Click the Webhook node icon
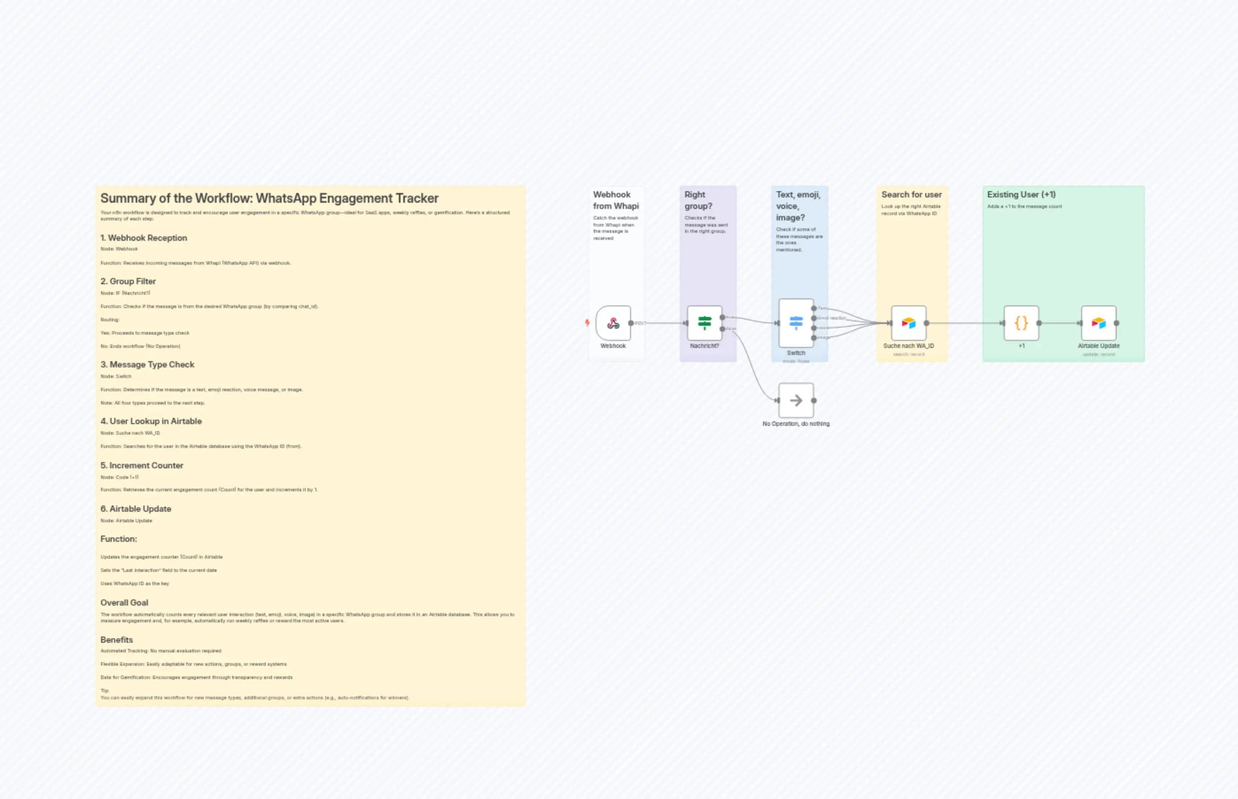pos(613,323)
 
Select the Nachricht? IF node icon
pos(705,323)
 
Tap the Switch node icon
pos(796,323)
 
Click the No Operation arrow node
pos(796,401)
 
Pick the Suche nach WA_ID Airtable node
pos(909,323)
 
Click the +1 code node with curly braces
pos(1021,323)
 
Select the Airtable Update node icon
pos(1099,323)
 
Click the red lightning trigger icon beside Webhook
pos(588,323)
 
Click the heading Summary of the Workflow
pos(269,198)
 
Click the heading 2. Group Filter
pos(128,281)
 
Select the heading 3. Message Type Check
pos(147,365)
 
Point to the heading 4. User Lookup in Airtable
pos(151,421)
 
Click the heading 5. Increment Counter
pos(141,465)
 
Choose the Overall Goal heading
pos(124,602)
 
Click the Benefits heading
pos(117,640)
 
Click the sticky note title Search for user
pos(911,195)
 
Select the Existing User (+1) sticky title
pos(1021,195)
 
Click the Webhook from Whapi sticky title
pos(616,200)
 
